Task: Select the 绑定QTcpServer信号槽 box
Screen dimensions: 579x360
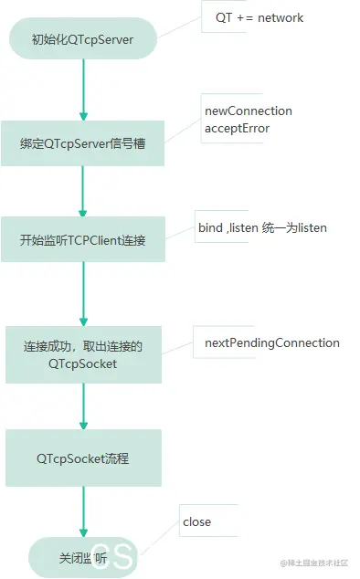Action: [82, 143]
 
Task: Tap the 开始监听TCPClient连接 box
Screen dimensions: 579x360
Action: [82, 239]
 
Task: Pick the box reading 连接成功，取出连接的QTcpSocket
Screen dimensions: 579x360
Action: [82, 354]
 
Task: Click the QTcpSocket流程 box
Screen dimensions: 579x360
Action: [82, 458]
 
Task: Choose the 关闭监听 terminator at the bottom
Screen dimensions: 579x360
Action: [82, 557]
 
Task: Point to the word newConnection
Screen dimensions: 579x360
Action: [249, 111]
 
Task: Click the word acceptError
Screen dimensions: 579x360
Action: [237, 128]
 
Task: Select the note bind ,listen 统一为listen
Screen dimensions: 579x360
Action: [262, 227]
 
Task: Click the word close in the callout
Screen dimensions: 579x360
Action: [196, 521]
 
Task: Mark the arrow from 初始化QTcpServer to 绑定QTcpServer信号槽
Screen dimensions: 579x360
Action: [83, 90]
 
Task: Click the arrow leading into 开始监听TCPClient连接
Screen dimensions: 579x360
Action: [83, 191]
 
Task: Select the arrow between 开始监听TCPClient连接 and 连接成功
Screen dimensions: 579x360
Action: [83, 293]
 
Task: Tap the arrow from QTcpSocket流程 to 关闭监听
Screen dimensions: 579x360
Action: [83, 511]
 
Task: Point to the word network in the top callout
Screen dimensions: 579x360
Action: [281, 17]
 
